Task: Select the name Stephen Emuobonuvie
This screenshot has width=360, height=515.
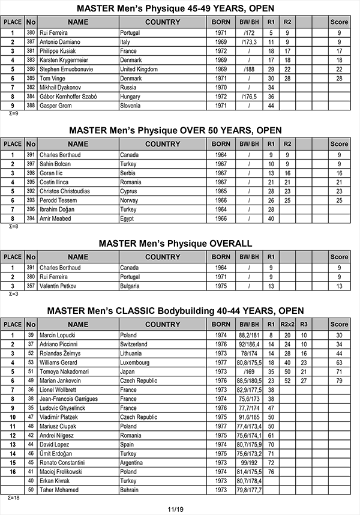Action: point(67,69)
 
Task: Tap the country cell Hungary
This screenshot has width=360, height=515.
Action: point(131,96)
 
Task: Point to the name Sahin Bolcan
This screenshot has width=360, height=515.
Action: point(55,164)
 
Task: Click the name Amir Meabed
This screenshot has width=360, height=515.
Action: point(55,218)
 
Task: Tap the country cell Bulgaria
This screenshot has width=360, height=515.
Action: point(131,286)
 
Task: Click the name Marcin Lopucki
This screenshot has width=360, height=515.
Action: point(58,335)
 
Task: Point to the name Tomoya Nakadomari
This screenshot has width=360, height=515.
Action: point(65,372)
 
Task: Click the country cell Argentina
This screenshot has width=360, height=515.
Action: point(133,463)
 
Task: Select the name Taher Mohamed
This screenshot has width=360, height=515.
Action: point(59,490)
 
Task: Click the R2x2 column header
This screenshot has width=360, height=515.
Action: point(287,325)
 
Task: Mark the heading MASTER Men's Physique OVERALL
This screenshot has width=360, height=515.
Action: point(175,243)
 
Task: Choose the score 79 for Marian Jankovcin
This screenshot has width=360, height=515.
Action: point(339,381)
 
